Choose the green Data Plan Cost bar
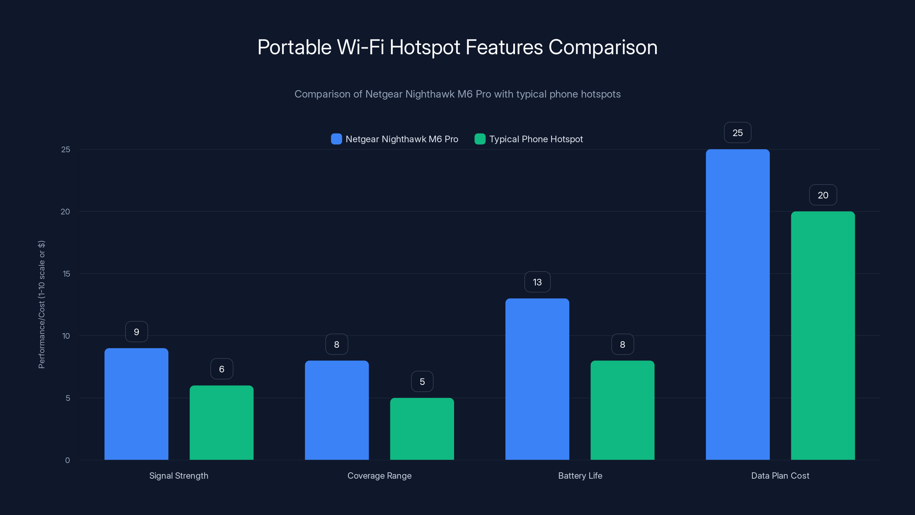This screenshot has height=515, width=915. [x=823, y=336]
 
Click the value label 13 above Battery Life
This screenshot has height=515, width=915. [x=537, y=282]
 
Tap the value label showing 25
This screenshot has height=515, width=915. [x=737, y=132]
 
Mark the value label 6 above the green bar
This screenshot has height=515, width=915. [x=221, y=369]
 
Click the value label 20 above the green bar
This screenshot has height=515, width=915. [x=823, y=195]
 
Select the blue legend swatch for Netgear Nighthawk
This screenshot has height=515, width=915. [x=336, y=139]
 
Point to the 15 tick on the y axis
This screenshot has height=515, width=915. [x=66, y=274]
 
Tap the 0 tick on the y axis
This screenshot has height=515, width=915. [x=67, y=460]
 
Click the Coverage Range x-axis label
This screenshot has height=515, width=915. [x=379, y=476]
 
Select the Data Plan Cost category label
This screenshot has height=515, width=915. [x=780, y=476]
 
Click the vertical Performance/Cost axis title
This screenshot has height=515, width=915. [x=41, y=305]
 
